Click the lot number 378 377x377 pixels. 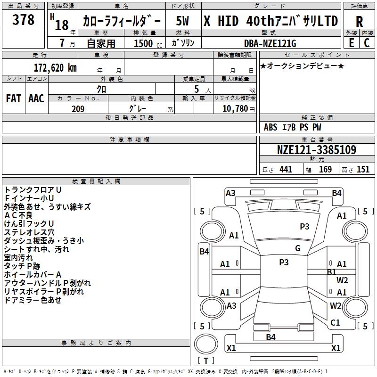pos(23,19)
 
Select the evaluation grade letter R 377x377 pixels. pos(359,22)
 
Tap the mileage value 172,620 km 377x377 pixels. pos(55,68)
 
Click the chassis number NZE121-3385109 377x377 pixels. pos(317,150)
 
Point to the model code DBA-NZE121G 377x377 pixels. pos(270,43)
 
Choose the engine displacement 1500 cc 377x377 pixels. pos(148,43)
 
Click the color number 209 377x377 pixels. pos(78,109)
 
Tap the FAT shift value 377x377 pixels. pos(14,98)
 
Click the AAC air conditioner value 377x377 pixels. pos(36,98)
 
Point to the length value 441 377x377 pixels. pos(286,169)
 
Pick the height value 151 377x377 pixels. pos(363,169)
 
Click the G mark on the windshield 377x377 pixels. pos(298,248)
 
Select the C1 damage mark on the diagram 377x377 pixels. pos(335,323)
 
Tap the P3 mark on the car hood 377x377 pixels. pos(304,227)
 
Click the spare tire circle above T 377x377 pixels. pos(206,344)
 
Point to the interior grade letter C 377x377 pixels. pos(367,43)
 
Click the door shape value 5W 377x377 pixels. pos(182,21)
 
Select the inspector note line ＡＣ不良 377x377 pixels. pos(18,215)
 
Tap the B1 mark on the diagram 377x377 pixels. pos(332,272)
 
